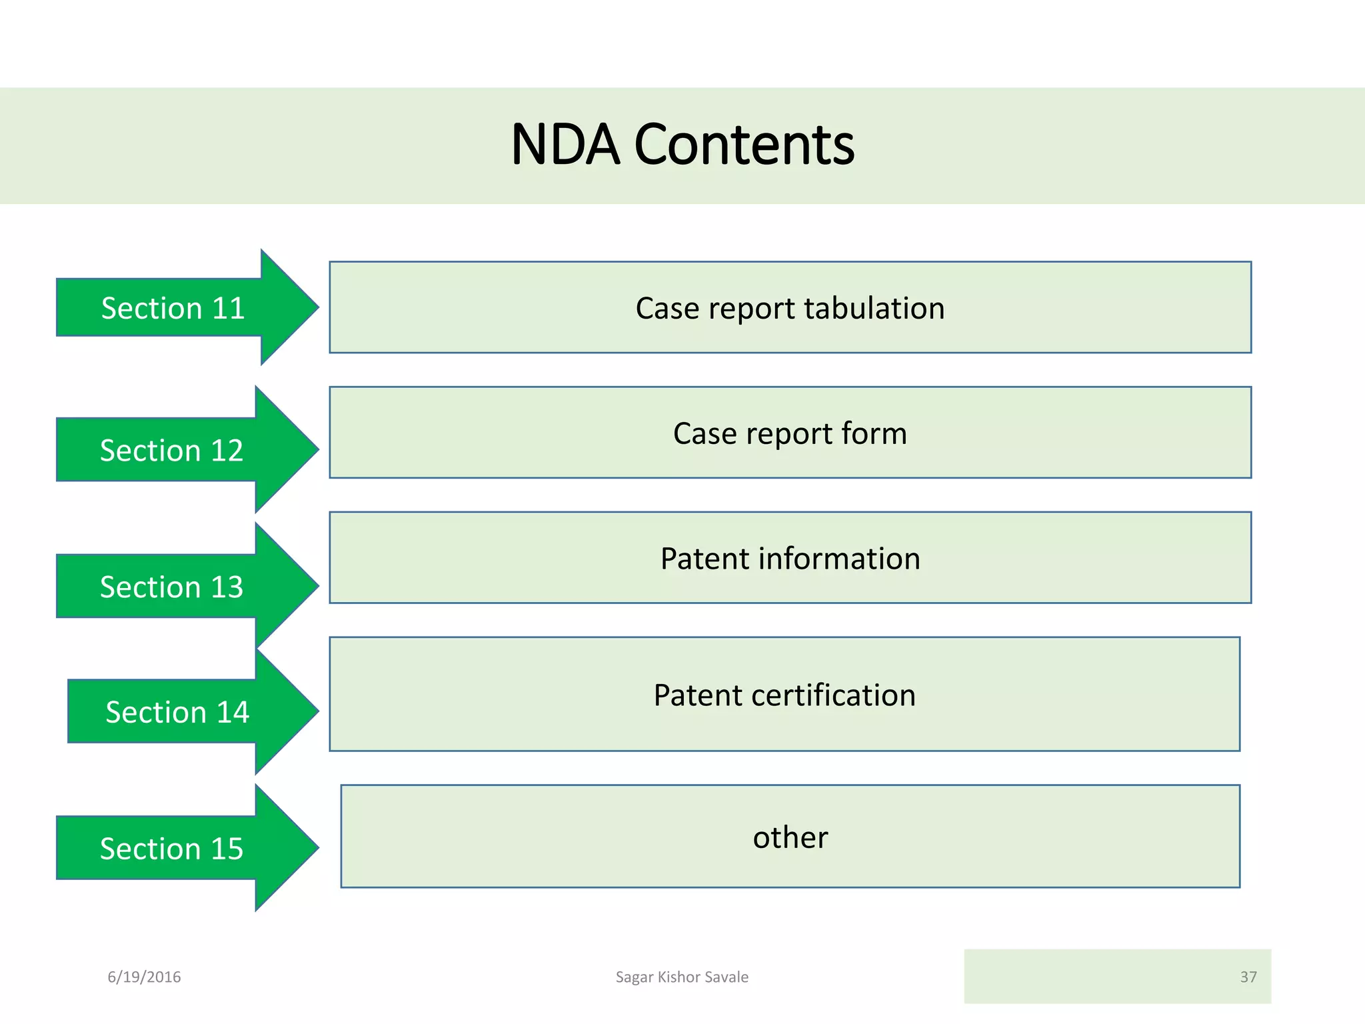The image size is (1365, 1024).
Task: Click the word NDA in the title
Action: pos(564,145)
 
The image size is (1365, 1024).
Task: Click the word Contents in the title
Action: pos(744,145)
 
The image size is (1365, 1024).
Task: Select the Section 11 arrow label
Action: pos(173,308)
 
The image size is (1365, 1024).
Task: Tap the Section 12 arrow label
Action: pos(171,451)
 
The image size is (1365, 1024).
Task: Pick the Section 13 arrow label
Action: pos(171,587)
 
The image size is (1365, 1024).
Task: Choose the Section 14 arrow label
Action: pos(177,713)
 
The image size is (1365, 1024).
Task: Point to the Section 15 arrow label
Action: pos(171,849)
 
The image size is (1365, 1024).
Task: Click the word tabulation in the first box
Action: pos(874,308)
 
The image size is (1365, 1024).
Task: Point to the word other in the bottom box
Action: pos(790,837)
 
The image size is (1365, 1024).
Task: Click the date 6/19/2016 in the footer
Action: pos(144,977)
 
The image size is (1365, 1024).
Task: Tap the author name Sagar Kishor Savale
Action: pos(682,977)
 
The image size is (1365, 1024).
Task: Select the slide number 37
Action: pos(1248,977)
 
